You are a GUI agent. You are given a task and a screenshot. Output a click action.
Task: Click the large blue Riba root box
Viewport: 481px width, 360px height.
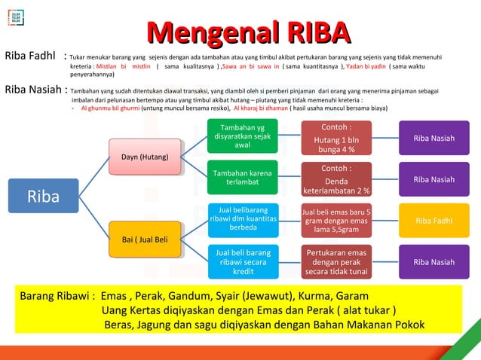tap(43, 197)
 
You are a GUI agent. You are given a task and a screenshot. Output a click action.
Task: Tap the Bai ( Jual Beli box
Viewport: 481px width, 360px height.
tap(145, 239)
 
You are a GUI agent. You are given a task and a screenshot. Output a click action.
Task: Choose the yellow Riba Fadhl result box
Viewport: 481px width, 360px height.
tap(434, 221)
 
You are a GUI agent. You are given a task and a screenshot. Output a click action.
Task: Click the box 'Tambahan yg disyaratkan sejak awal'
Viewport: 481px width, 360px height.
tap(243, 136)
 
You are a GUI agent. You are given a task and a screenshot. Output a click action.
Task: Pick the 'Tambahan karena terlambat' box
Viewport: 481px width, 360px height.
tap(243, 178)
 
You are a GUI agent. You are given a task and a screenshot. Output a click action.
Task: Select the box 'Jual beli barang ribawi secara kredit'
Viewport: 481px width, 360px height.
tap(243, 261)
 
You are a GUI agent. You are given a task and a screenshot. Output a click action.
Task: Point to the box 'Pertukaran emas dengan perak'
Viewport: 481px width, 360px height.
tap(335, 261)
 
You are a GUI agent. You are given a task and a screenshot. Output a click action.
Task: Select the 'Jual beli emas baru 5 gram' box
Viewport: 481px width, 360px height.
tap(335, 221)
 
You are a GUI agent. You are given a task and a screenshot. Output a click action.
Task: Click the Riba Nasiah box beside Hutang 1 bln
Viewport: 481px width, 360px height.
tap(434, 139)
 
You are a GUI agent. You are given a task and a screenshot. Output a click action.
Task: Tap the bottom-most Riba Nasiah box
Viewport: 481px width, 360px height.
tap(434, 262)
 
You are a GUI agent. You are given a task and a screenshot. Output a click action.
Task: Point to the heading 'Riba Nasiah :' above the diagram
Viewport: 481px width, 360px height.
tap(35, 90)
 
